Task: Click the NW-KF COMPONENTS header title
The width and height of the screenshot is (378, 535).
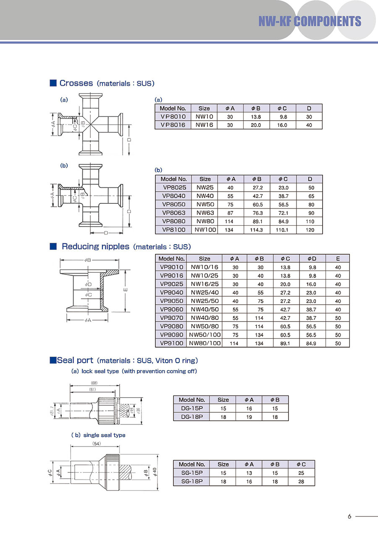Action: (x=310, y=21)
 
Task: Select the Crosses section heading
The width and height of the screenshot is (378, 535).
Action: (x=76, y=83)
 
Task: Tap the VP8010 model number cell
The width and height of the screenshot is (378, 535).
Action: (x=173, y=117)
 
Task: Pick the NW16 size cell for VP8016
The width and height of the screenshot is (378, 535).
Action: (x=204, y=125)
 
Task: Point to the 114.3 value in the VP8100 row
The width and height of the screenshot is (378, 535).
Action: (x=256, y=230)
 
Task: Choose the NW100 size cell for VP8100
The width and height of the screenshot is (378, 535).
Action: (x=205, y=230)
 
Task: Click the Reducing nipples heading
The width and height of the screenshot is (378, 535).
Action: (x=95, y=247)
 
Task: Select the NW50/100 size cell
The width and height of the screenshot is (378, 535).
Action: (x=205, y=335)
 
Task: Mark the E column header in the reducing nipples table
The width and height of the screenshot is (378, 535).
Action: (x=338, y=259)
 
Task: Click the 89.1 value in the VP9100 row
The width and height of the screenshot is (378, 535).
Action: (x=260, y=343)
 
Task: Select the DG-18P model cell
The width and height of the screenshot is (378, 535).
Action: (x=192, y=417)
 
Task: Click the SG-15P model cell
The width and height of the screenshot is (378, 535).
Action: (x=192, y=473)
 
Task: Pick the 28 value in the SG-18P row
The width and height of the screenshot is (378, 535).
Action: (x=301, y=482)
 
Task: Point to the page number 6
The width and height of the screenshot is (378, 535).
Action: (x=349, y=517)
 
